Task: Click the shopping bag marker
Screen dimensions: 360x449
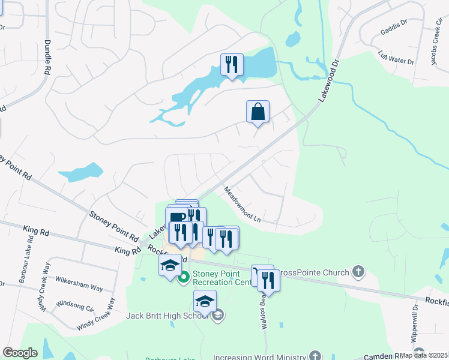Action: [x=258, y=112]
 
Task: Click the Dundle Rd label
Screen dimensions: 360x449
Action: [x=47, y=57]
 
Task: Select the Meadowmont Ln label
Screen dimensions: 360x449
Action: [x=243, y=205]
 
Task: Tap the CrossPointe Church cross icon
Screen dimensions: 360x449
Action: [x=358, y=272]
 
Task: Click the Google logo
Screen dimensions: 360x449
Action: [x=20, y=353]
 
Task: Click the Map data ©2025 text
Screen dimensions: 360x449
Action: [x=424, y=355]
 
